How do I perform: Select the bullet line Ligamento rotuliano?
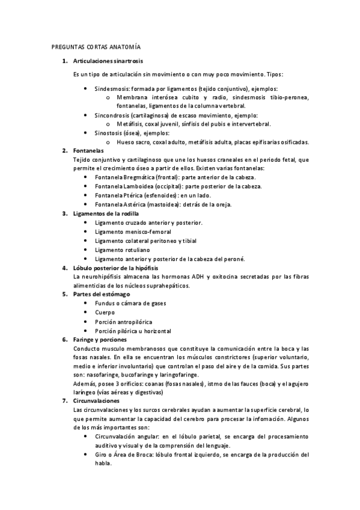click(123, 250)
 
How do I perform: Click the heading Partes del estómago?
click(100, 294)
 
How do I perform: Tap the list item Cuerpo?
click(105, 313)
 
